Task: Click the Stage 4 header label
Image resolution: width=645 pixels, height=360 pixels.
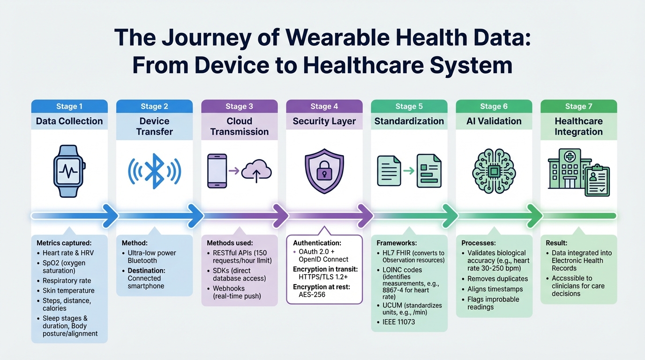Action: (324, 106)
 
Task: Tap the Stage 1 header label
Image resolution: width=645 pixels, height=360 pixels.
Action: (69, 106)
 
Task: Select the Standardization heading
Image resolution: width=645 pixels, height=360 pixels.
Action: (409, 121)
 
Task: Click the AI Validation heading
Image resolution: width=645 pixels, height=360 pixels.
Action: (494, 121)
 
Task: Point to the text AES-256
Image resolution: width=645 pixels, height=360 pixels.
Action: (312, 294)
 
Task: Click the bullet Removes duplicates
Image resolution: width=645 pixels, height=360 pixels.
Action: (497, 279)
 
